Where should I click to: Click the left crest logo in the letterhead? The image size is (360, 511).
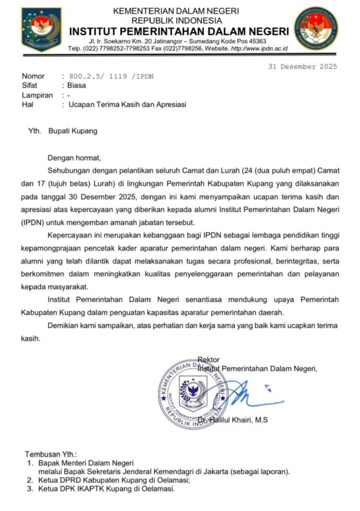pos(42,29)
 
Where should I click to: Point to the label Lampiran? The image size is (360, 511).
pos(37,95)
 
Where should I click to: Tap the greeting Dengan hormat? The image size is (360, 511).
pos(74,158)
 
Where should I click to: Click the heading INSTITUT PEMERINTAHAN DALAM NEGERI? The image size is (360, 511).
pos(179,31)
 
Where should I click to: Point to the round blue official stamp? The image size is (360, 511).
pos(193,394)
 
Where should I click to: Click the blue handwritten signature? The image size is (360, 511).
pos(249,395)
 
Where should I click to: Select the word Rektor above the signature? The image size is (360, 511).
pos(208,359)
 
